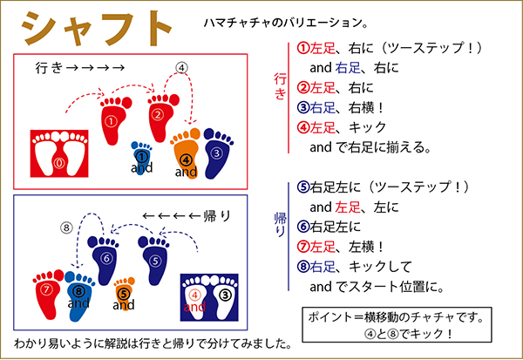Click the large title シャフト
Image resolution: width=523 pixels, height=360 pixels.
(97, 29)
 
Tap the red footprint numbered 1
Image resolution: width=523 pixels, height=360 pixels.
(114, 121)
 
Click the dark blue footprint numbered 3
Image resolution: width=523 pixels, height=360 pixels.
(217, 153)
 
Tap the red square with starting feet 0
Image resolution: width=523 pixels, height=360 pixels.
(59, 153)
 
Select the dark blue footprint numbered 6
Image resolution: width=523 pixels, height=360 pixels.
(105, 260)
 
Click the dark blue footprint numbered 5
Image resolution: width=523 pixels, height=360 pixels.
(154, 260)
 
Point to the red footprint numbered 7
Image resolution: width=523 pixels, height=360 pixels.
(49, 295)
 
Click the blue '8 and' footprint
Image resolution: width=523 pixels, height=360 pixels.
(78, 295)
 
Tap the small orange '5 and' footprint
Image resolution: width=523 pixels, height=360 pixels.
(124, 294)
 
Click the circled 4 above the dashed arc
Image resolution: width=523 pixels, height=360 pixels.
(181, 68)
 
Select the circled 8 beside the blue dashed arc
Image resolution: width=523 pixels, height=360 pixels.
(67, 228)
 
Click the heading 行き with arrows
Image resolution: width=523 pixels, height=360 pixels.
(80, 68)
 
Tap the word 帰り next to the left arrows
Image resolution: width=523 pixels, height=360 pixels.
(217, 216)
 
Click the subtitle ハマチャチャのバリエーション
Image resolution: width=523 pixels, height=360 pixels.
(286, 23)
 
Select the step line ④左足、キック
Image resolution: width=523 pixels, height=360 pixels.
(341, 127)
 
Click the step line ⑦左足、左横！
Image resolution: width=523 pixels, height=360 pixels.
(340, 247)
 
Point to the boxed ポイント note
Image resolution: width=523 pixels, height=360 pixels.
(397, 325)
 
